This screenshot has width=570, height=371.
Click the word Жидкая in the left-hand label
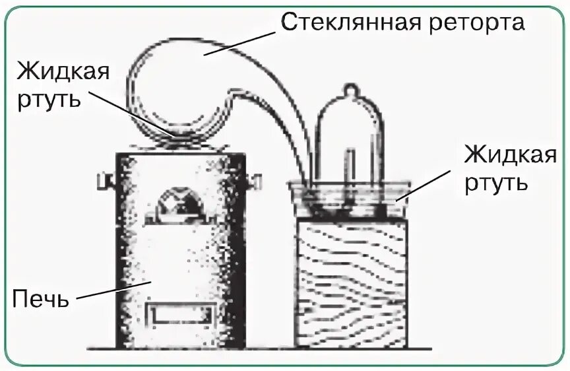coord(63,71)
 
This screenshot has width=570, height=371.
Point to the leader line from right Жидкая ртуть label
coord(429,184)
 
